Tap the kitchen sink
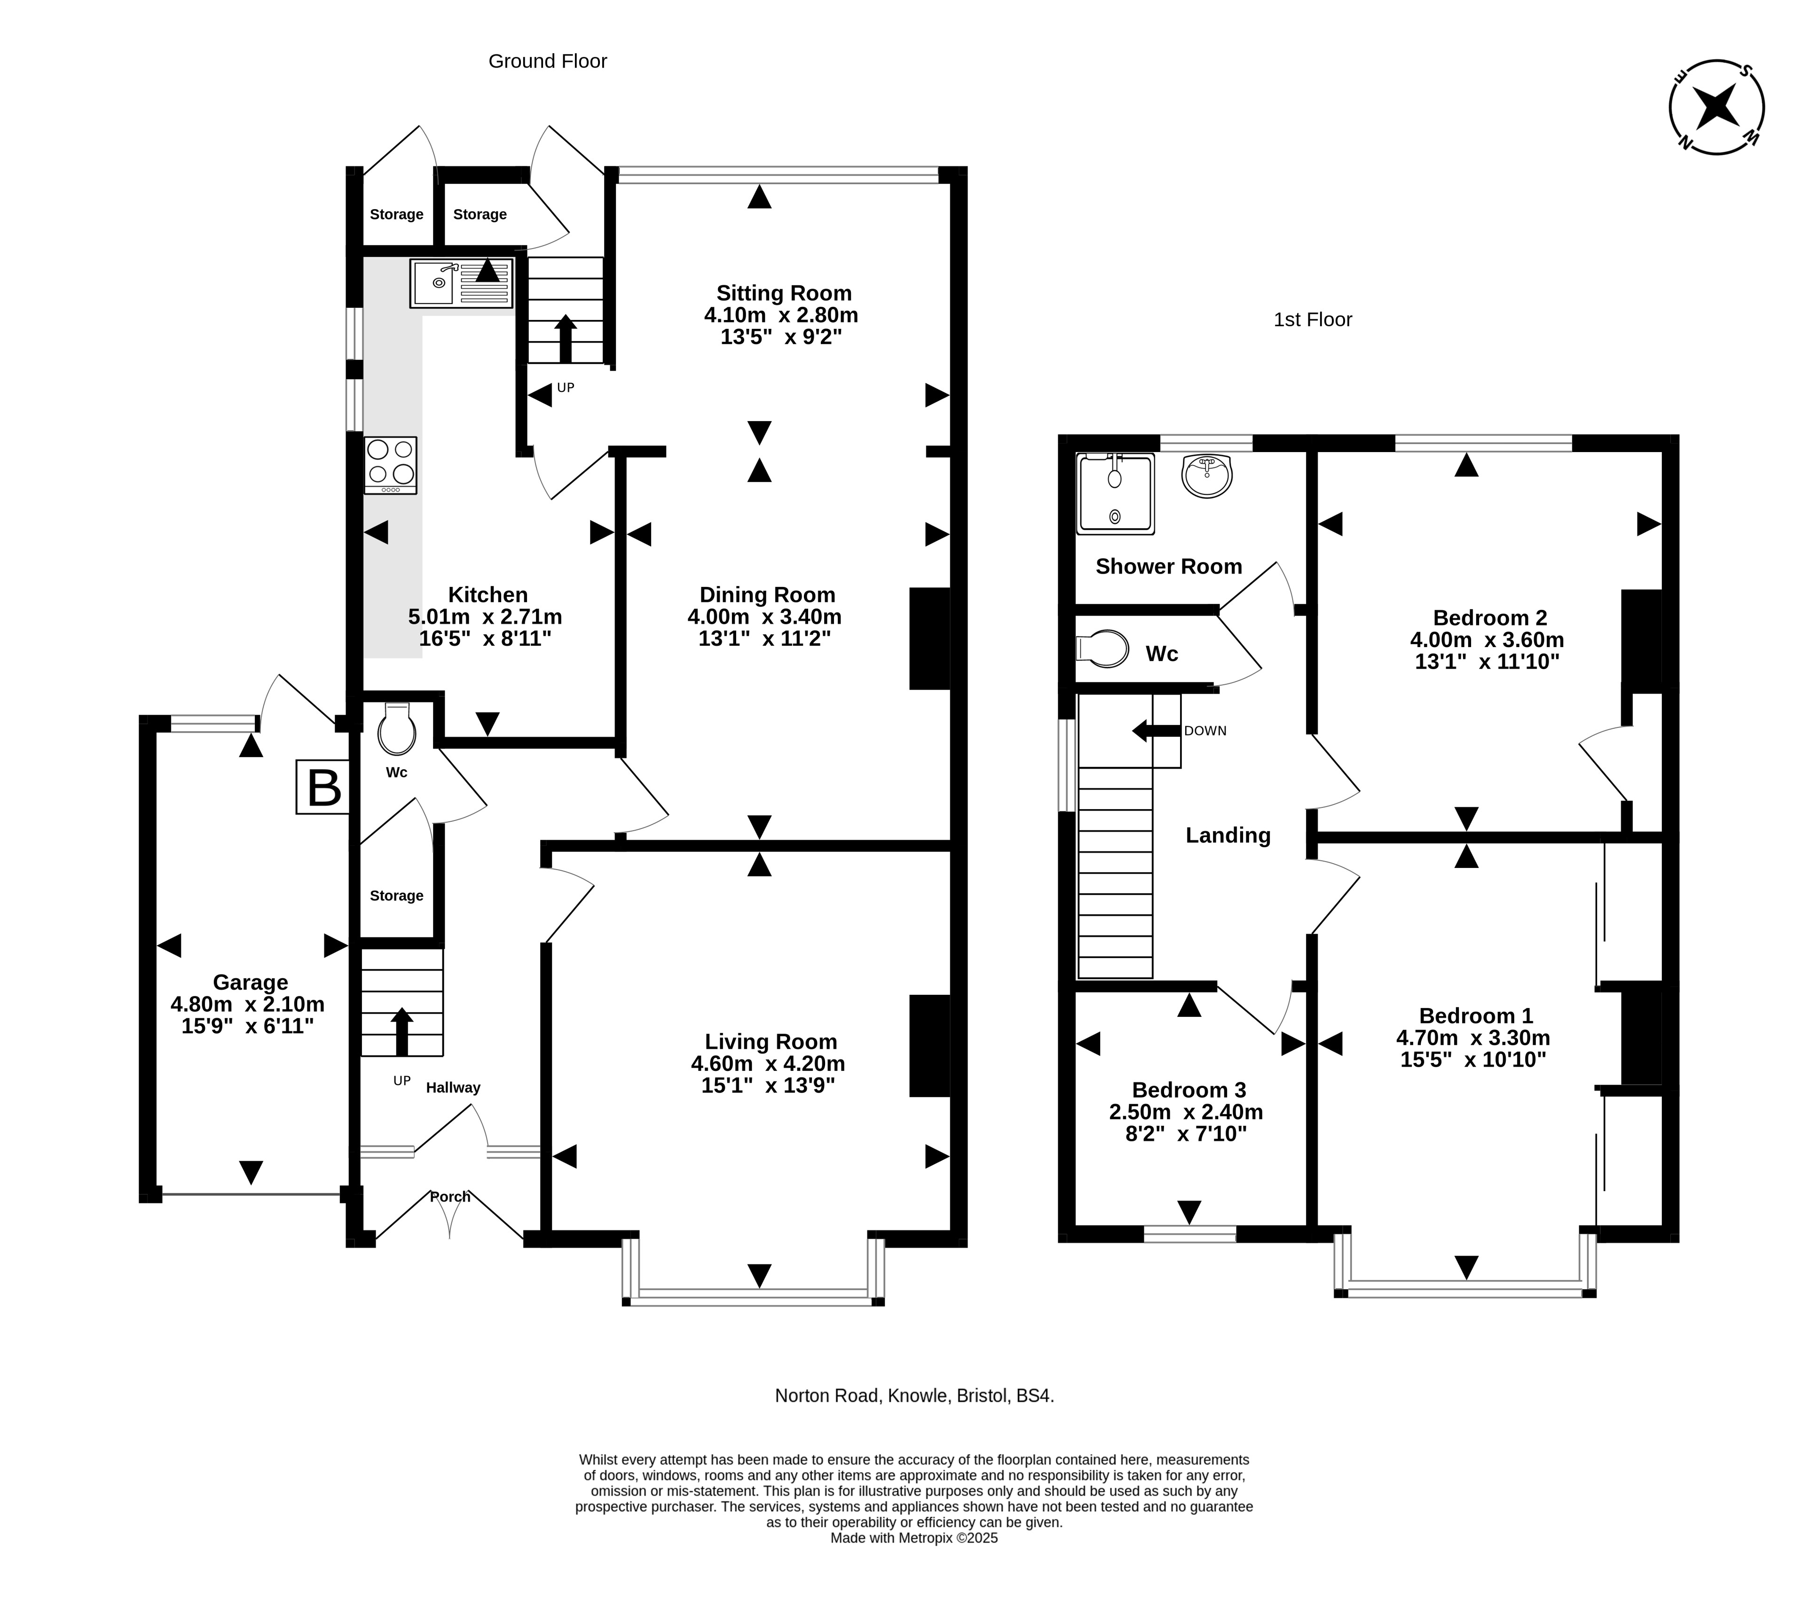(x=461, y=283)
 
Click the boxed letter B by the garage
(x=323, y=787)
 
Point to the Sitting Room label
(x=784, y=293)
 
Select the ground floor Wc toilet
(x=397, y=729)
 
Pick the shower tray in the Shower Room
(x=1116, y=493)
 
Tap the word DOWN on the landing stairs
(x=1205, y=731)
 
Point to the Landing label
(x=1228, y=835)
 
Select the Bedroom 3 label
(x=1189, y=1090)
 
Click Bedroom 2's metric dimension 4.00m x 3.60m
(x=1487, y=640)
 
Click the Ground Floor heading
(x=548, y=61)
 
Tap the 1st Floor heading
(x=1313, y=320)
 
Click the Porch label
(x=450, y=1196)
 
